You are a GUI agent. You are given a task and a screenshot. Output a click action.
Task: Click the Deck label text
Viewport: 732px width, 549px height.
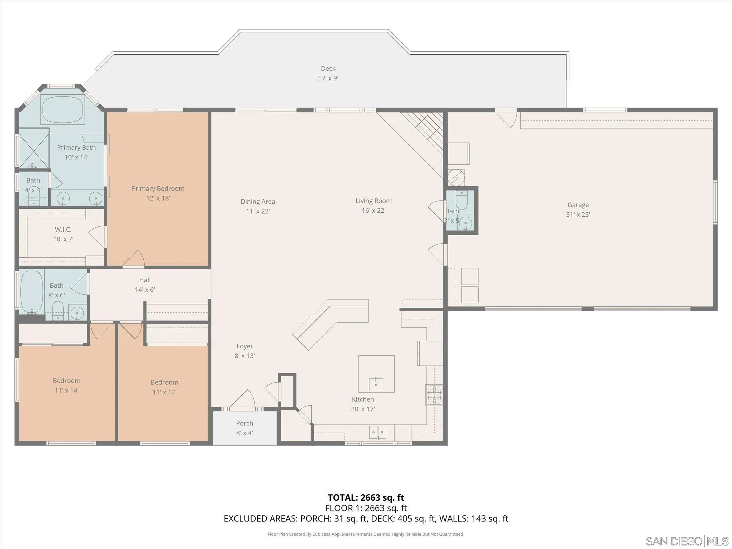[x=328, y=68]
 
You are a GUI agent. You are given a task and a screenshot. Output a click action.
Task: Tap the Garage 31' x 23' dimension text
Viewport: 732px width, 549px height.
[x=578, y=214]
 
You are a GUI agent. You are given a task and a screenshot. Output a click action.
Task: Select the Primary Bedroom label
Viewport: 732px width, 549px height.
[x=158, y=188]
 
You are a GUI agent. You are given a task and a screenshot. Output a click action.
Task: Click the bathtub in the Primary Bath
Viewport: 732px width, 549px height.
[x=63, y=110]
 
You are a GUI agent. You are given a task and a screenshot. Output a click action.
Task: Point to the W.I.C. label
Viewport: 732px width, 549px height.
[x=63, y=229]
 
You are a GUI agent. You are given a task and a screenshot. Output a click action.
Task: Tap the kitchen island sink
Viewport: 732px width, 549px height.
[x=376, y=384]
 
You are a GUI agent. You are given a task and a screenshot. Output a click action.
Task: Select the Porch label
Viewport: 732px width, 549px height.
[x=244, y=423]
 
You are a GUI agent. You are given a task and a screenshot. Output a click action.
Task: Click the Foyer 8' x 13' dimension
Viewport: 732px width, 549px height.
[x=244, y=356]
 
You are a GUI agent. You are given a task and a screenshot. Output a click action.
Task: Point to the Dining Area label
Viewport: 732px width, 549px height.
[x=258, y=202]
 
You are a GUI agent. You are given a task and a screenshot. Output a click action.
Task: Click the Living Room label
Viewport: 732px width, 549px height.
[x=374, y=201]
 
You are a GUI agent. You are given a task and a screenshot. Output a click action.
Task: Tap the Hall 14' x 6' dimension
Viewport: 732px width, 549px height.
[x=145, y=290]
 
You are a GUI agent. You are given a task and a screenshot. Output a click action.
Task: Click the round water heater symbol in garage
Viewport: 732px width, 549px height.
[x=456, y=178]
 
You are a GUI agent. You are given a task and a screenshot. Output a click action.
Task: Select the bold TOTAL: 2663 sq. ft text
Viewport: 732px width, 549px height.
[x=366, y=498]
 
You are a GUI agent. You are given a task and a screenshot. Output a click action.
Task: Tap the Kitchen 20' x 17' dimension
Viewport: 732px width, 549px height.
[x=362, y=409]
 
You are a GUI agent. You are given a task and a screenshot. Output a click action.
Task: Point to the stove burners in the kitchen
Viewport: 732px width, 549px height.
[x=434, y=395]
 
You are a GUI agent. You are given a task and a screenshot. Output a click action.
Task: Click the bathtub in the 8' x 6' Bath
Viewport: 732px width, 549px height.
[x=31, y=291]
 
